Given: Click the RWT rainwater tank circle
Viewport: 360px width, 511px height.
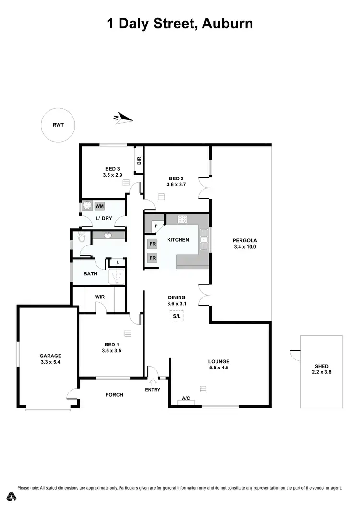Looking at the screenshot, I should point(58,125).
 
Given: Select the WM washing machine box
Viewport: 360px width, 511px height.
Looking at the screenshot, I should point(99,206).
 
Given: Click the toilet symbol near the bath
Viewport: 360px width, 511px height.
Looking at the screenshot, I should point(82,237).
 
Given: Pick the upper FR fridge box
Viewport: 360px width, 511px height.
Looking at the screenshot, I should point(152,244).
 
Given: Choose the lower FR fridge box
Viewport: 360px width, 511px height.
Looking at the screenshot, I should point(152,258).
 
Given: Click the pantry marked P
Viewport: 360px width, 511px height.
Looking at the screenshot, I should point(156,226).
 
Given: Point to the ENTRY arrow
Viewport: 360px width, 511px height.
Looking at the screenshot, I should point(153,382).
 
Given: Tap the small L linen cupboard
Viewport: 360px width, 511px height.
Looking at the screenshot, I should point(118,262).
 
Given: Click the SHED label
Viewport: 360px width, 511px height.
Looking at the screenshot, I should point(322,366).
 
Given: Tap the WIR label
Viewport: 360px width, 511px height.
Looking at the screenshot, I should point(99,297).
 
